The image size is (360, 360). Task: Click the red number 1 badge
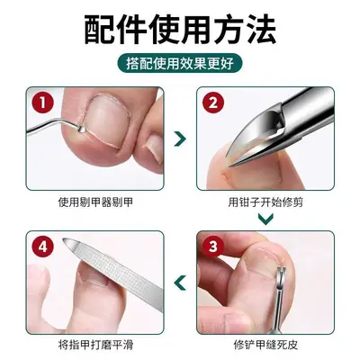coord(42,103)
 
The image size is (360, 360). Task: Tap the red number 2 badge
coord(213,103)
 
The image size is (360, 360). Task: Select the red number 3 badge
coord(213,247)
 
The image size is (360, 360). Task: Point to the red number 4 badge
coord(42,247)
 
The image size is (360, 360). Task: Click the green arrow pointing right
coord(180,139)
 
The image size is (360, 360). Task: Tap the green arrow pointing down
coord(265,219)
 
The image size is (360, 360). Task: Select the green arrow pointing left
coord(180,283)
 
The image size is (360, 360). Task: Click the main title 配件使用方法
coord(180,31)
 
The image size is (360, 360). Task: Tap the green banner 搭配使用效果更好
coord(180,64)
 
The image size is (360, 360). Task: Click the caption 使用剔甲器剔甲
coord(95,202)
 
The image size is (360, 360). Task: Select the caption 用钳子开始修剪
coord(265,202)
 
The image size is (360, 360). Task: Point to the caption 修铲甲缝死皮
coord(265,345)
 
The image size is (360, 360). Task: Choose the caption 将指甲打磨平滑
coord(95,345)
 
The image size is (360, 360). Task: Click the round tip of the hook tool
coord(81,129)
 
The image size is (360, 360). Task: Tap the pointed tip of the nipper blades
coord(230,166)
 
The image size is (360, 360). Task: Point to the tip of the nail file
coord(65,240)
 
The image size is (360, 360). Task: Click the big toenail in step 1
coord(105,120)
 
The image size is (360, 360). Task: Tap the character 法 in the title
coord(260,31)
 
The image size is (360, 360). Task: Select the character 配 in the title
coord(100,31)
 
